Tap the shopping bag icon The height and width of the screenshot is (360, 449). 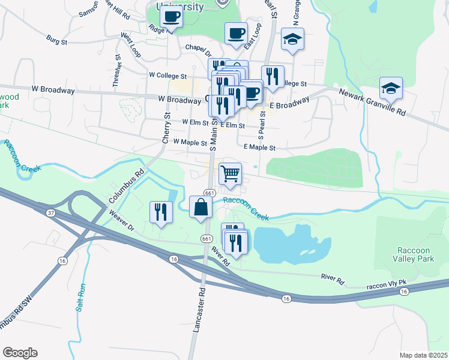pos(200,208)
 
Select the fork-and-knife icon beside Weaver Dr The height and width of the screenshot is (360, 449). pos(160,212)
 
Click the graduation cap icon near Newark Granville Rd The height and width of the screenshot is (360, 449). pos(391,89)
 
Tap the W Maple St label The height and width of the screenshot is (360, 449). pos(190,143)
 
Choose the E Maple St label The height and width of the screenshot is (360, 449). pos(259,147)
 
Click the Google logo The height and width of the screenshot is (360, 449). pos(20,353)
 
